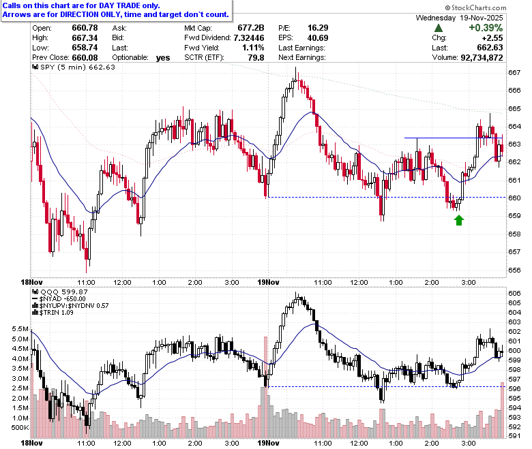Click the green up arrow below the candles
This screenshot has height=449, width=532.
(x=459, y=220)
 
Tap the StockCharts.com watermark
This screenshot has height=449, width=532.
(x=475, y=7)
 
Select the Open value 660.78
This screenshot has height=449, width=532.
(x=85, y=28)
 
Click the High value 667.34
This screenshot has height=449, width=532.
(x=85, y=37)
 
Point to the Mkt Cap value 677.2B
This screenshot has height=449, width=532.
(x=251, y=28)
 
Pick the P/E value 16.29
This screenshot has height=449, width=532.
(x=318, y=28)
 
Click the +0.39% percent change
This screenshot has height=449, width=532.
(x=486, y=28)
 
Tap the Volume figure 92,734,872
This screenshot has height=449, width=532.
(x=482, y=58)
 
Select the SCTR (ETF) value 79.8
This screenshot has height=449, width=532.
(x=256, y=58)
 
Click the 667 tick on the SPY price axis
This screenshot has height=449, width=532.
(x=514, y=72)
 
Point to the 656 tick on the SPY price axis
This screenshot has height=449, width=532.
(x=514, y=270)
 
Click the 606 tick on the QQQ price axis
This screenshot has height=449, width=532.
(x=514, y=293)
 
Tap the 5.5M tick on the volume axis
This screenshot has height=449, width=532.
(x=20, y=328)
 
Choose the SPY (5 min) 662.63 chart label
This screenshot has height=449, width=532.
(x=74, y=67)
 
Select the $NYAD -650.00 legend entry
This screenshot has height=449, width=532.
(x=59, y=299)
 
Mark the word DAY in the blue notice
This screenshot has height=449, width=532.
(x=106, y=5)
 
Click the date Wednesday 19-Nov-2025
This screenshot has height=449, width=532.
(x=460, y=18)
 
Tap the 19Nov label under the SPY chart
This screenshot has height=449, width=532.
(x=268, y=282)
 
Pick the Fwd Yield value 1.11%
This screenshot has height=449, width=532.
(x=253, y=48)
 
